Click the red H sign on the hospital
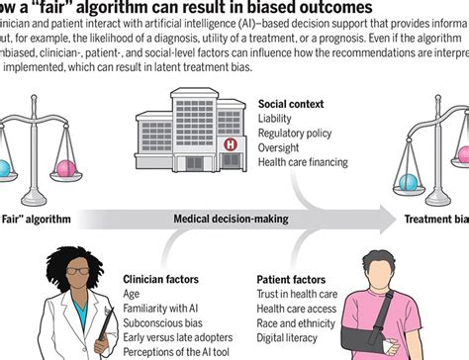click(231, 143)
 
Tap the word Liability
click(277, 118)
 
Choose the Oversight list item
click(281, 147)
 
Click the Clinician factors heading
click(162, 280)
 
